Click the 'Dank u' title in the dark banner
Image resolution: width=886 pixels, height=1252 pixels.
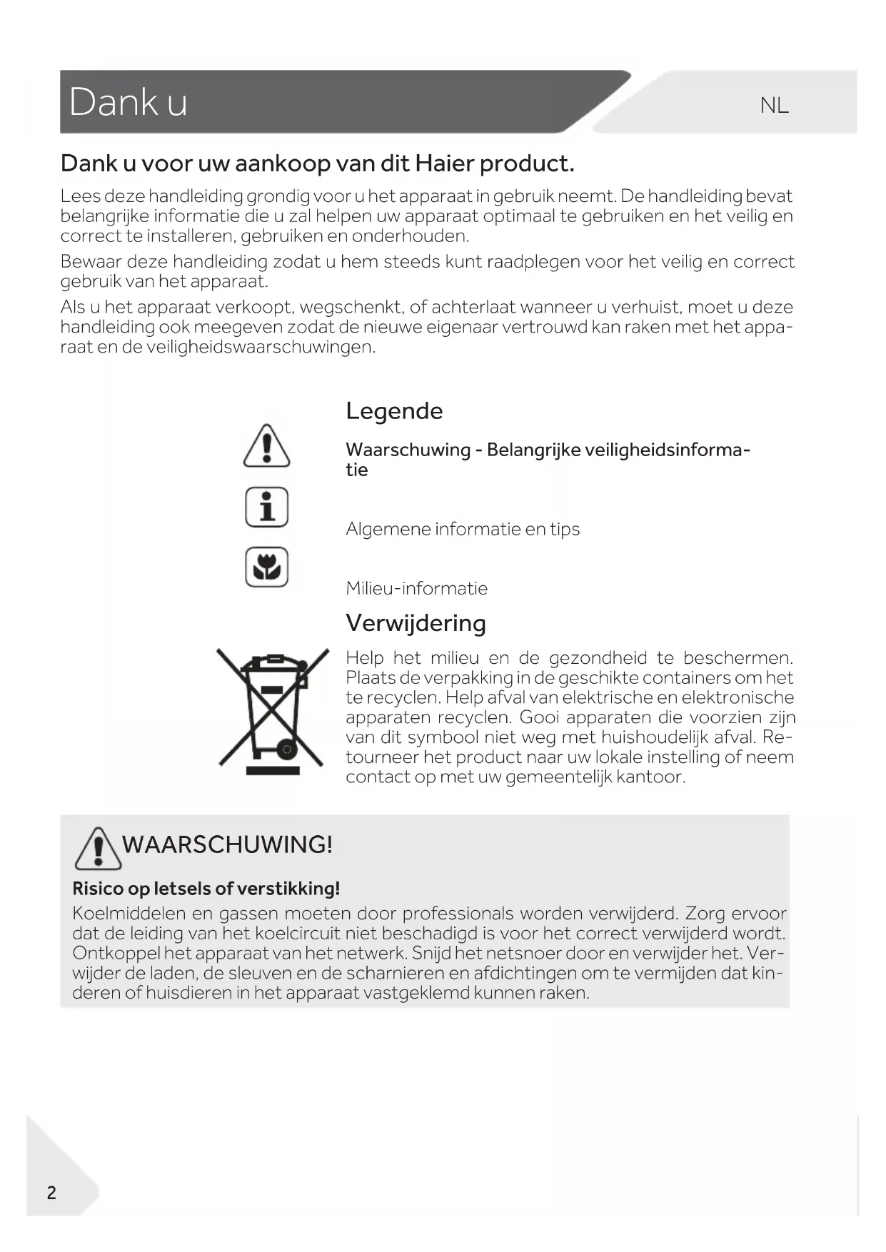[129, 102]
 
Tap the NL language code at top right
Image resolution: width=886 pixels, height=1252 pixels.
[774, 106]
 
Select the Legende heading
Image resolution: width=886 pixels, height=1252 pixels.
[394, 411]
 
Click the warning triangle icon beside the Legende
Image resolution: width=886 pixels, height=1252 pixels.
[266, 446]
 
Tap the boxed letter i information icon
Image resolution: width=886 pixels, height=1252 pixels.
[266, 507]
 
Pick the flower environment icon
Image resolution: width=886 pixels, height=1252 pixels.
[266, 567]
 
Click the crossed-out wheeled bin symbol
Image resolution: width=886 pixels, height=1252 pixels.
[272, 707]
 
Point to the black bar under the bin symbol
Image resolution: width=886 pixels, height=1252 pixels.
[273, 770]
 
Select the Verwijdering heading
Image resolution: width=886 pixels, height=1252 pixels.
[416, 623]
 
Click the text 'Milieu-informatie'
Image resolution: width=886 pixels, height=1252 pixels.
[416, 589]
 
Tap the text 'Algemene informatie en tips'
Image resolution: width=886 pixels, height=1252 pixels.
[463, 530]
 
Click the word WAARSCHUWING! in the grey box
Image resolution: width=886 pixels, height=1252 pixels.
[227, 844]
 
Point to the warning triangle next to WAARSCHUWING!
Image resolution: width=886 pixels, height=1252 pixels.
[98, 848]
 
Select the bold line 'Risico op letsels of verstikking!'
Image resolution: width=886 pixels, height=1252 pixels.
[206, 889]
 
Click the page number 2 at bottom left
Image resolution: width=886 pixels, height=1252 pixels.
[51, 1193]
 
